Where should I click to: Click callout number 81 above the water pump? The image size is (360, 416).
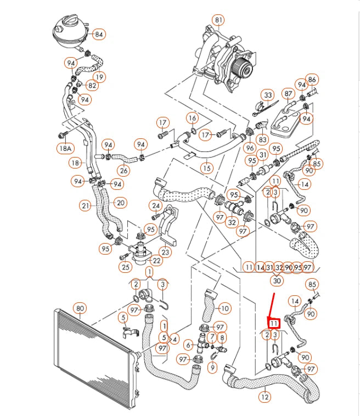click(x=219, y=20)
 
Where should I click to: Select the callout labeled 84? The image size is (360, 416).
click(x=98, y=34)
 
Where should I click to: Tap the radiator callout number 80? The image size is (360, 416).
click(x=80, y=308)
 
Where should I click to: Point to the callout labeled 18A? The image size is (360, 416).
click(x=65, y=148)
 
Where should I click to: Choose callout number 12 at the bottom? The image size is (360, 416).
click(x=265, y=396)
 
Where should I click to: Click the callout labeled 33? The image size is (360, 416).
click(x=267, y=95)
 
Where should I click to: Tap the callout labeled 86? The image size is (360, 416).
click(x=312, y=80)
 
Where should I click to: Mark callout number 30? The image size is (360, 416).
click(x=277, y=281)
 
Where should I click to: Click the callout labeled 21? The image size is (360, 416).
click(x=85, y=206)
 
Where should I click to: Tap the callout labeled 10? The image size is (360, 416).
click(x=225, y=308)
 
